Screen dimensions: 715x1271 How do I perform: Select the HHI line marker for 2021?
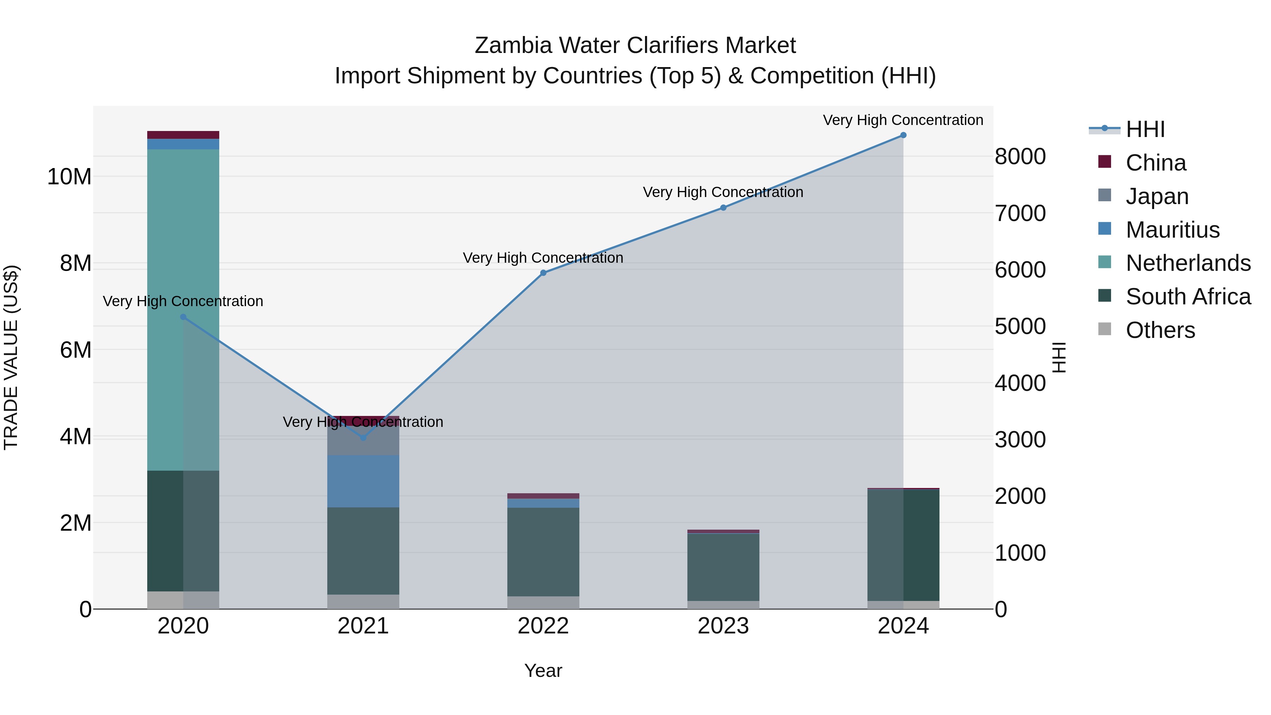pyautogui.click(x=363, y=438)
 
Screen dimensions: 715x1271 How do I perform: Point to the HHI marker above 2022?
pyautogui.click(x=543, y=273)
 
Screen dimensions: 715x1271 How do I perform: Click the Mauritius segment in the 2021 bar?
pyautogui.click(x=363, y=481)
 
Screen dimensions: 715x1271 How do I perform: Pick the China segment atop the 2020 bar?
pyautogui.click(x=183, y=135)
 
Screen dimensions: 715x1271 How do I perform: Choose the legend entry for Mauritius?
pyautogui.click(x=1172, y=230)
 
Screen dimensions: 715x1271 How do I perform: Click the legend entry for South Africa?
pyautogui.click(x=1188, y=297)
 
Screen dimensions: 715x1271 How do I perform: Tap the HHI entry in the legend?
pyautogui.click(x=1145, y=129)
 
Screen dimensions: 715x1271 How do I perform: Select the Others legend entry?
pyautogui.click(x=1159, y=330)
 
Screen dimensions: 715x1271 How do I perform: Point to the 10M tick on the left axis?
pyautogui.click(x=69, y=177)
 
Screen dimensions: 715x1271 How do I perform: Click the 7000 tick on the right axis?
pyautogui.click(x=1019, y=213)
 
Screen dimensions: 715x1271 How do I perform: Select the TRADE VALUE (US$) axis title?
pyautogui.click(x=11, y=357)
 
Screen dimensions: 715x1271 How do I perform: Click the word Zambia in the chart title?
pyautogui.click(x=513, y=46)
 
